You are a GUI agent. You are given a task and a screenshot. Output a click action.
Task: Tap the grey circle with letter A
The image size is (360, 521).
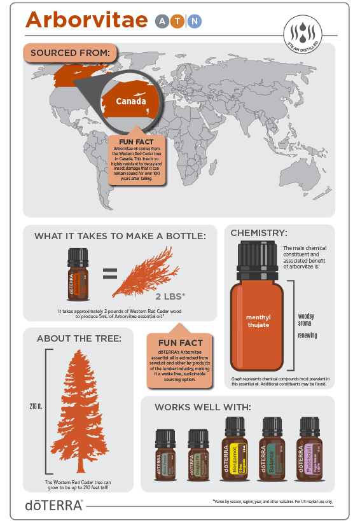pos(162,21)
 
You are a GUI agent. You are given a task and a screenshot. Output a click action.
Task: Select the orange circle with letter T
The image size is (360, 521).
pos(179,21)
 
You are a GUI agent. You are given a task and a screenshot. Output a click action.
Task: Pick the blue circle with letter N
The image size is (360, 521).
pos(195,21)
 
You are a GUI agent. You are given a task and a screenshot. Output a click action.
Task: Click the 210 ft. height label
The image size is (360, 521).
pos(35,405)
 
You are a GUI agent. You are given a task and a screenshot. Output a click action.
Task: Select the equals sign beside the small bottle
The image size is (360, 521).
pos(109,274)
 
